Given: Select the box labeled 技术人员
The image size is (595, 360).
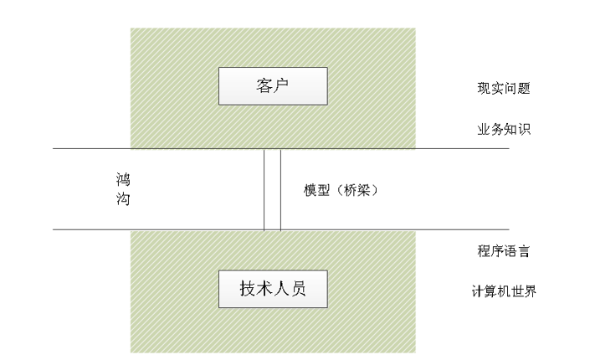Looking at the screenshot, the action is tap(272, 289).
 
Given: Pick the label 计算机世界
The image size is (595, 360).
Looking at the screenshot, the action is tap(504, 292).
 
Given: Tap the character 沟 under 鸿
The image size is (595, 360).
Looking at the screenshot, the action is tap(123, 200).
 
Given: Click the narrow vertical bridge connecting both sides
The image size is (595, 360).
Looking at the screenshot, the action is tap(272, 189).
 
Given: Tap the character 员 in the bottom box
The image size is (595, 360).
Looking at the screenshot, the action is tap(297, 289).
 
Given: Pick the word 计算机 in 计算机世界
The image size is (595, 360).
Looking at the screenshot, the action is tap(491, 292).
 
